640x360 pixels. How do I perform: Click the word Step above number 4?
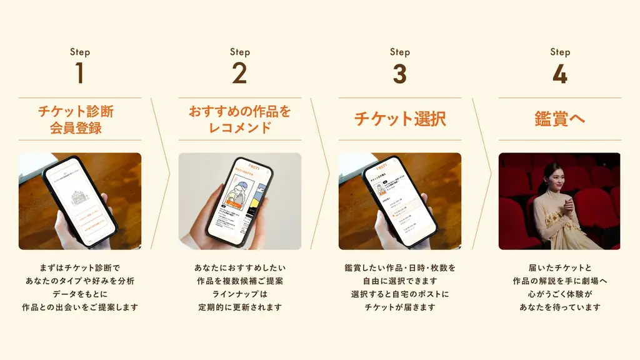tap(559, 52)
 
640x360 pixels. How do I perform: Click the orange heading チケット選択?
tap(400, 119)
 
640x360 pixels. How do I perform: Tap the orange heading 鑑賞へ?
tap(559, 119)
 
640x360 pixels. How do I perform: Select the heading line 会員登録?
tap(79, 129)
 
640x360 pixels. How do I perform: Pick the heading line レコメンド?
tap(239, 128)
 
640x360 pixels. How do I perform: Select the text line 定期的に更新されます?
tap(239, 307)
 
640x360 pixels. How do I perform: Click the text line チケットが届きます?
tap(400, 307)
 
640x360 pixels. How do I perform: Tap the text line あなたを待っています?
tap(559, 307)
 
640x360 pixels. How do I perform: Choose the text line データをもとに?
tap(79, 294)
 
